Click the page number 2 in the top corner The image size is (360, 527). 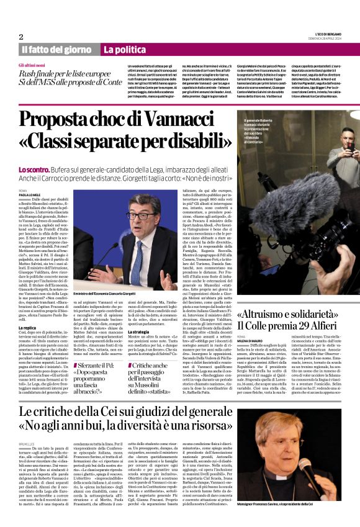[20, 36]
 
